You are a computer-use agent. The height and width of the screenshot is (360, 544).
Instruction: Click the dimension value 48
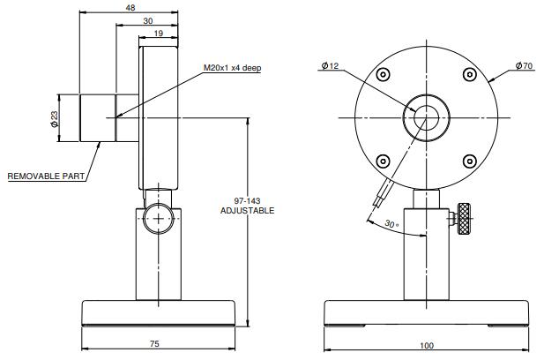tap(130, 7)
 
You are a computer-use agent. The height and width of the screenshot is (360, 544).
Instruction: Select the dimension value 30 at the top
tap(147, 20)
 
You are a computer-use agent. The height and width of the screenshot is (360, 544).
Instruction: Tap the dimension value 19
tap(159, 33)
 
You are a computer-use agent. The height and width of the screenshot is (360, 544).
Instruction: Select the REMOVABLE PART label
tap(46, 176)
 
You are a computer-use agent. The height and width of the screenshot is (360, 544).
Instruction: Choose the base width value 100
tap(427, 345)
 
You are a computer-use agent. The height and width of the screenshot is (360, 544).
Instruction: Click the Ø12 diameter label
tap(331, 66)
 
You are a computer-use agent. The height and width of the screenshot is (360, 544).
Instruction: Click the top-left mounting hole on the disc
tap(383, 75)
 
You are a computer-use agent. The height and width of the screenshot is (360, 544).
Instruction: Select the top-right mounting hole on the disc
tap(469, 75)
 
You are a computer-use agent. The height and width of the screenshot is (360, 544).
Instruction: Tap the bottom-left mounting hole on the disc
tap(383, 161)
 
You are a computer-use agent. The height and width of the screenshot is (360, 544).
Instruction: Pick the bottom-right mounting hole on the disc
tap(469, 161)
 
